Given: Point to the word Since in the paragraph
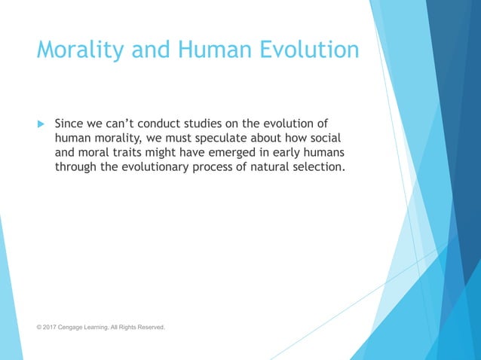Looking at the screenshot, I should (71, 123).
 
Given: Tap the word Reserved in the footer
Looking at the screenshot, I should (149, 328).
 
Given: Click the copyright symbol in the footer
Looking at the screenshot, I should (40, 328).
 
